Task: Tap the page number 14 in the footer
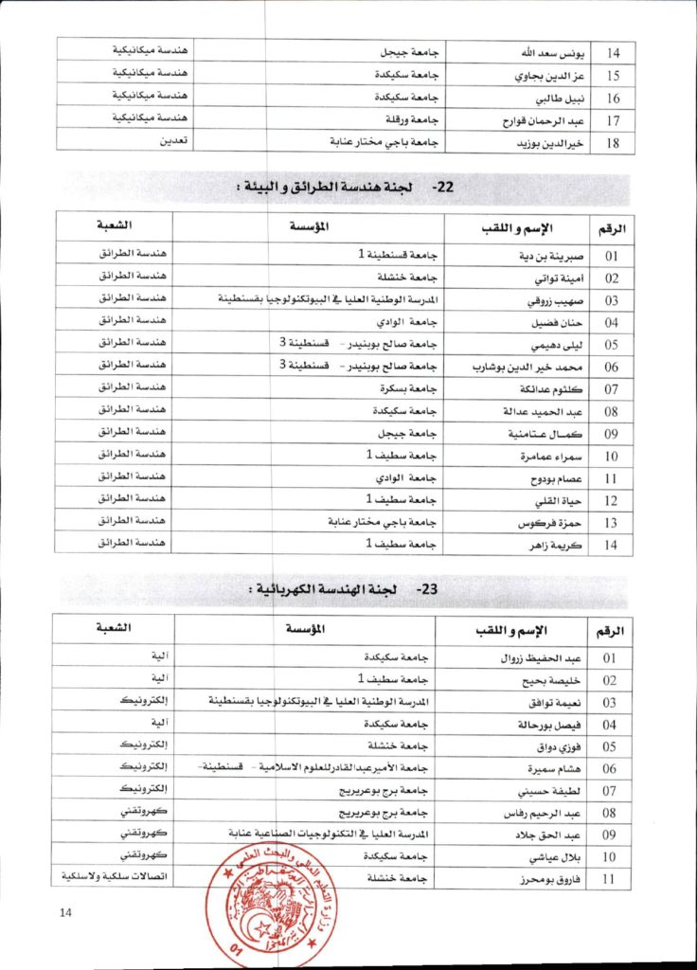(x=65, y=912)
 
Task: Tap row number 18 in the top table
(x=613, y=141)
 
